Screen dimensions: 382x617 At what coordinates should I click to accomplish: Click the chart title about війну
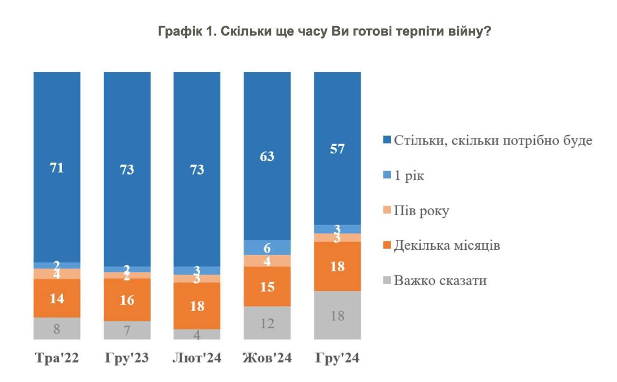(324, 32)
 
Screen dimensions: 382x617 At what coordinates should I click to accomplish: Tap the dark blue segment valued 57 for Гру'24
(337, 149)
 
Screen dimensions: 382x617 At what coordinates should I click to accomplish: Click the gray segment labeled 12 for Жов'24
(268, 323)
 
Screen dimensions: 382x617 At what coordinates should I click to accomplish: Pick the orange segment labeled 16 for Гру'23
(127, 300)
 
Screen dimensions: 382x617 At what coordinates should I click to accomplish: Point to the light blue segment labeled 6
(268, 247)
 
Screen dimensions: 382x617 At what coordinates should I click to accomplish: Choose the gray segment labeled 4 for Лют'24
(197, 334)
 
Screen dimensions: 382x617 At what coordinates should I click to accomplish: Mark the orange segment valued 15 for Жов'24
(268, 286)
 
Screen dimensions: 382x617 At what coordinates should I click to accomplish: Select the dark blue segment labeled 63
(268, 156)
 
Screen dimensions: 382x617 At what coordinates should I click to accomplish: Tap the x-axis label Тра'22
(57, 359)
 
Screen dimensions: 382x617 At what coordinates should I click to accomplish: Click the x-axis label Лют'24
(197, 359)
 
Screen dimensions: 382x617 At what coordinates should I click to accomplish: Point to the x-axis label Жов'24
(267, 359)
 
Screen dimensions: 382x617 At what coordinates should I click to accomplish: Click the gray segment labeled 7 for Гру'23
(127, 330)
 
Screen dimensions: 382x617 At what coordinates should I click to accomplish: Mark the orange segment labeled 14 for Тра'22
(57, 298)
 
